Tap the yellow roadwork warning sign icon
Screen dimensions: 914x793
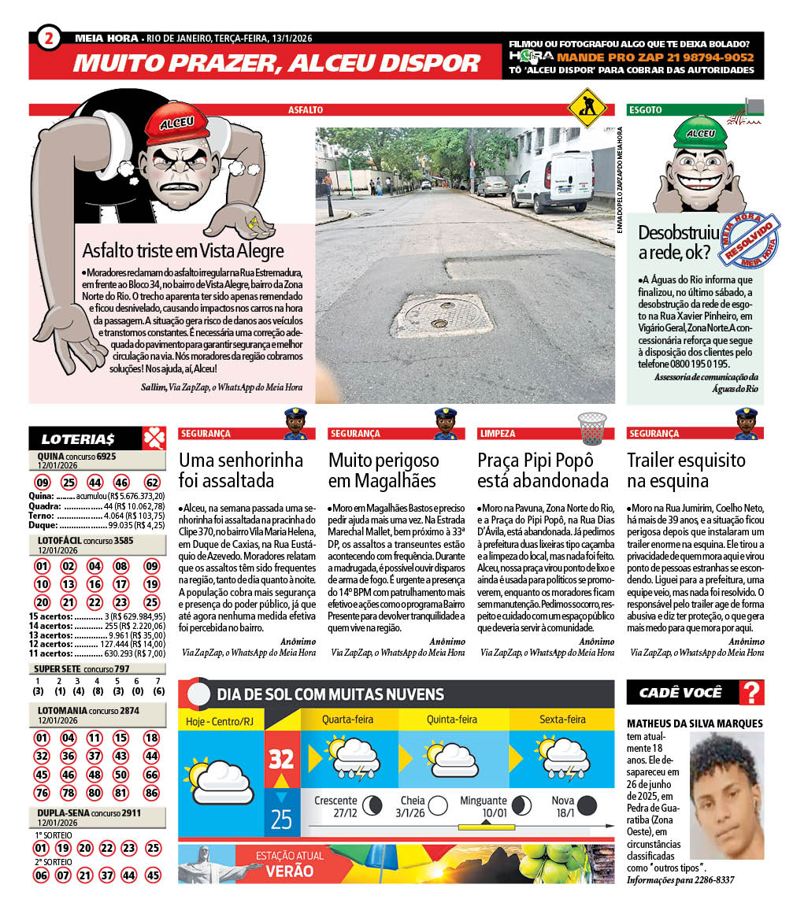(583, 103)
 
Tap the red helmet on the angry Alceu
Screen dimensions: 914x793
(176, 125)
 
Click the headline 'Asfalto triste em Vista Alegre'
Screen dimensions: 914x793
(183, 251)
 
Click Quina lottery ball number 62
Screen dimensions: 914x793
(152, 483)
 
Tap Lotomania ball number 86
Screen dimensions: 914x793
(152, 792)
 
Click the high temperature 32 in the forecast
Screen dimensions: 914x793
(281, 759)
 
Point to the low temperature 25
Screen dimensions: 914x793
(281, 820)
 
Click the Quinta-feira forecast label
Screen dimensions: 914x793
(452, 720)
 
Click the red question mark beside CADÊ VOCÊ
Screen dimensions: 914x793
(753, 693)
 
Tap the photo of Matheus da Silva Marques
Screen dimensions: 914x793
(726, 796)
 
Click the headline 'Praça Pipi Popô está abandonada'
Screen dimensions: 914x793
(543, 470)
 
